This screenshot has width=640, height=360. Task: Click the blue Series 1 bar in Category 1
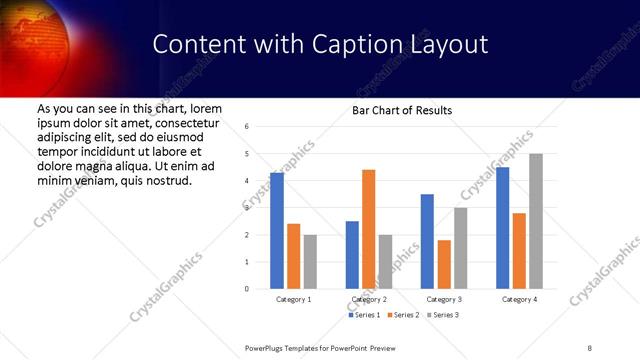(x=277, y=230)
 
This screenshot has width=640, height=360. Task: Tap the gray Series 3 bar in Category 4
(x=535, y=221)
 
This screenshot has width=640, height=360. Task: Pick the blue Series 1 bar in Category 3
(x=427, y=241)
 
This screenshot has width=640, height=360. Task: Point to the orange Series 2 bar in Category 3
(x=444, y=264)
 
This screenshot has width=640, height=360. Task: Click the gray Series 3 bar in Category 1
(x=310, y=261)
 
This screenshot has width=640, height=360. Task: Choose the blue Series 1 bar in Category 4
(x=502, y=228)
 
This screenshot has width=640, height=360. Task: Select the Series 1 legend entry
(x=363, y=315)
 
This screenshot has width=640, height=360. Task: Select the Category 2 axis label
(x=369, y=299)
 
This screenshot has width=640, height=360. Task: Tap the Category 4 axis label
(x=519, y=299)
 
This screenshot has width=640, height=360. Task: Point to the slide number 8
(x=590, y=347)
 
